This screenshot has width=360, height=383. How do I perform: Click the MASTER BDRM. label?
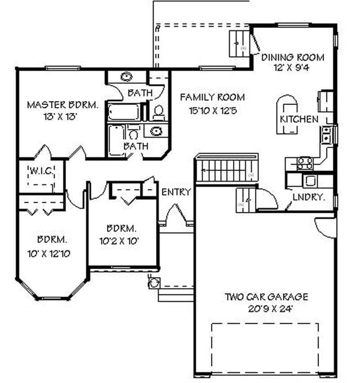(x=62, y=105)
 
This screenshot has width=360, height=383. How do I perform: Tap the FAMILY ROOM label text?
(x=212, y=97)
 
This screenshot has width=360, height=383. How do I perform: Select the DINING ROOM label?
(x=293, y=57)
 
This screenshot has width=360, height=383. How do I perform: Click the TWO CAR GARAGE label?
(x=266, y=297)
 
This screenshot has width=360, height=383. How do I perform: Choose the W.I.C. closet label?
(x=41, y=171)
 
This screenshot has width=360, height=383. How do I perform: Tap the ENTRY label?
(x=176, y=192)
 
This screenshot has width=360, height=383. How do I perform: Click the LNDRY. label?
(x=309, y=197)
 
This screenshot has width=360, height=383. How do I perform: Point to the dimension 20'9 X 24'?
(x=266, y=308)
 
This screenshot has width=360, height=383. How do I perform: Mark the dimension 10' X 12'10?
(x=49, y=253)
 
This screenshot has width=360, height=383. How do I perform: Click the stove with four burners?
(x=305, y=163)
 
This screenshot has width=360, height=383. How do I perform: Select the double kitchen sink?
(x=327, y=134)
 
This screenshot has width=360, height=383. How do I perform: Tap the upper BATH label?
(x=140, y=93)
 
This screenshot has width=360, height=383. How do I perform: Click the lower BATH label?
(x=136, y=146)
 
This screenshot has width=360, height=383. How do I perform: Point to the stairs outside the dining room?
(x=239, y=44)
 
